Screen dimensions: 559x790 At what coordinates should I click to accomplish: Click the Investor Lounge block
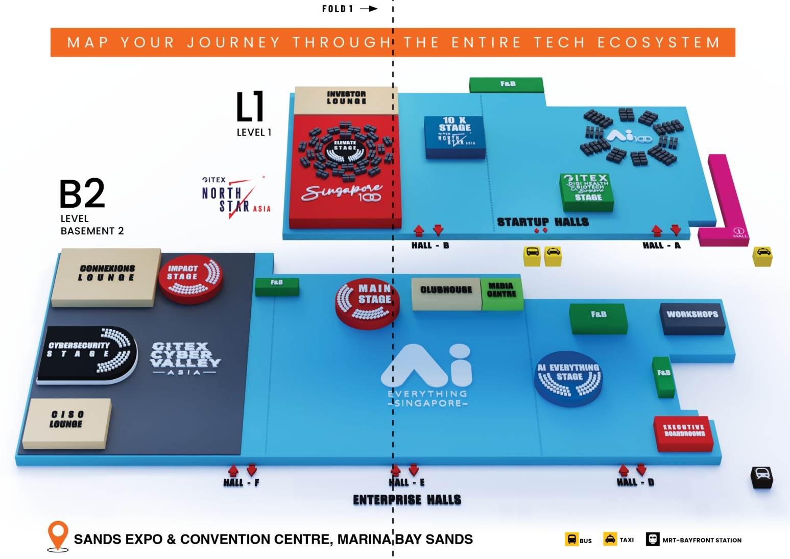click(x=346, y=99)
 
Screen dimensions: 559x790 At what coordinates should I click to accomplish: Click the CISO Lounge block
click(x=67, y=423)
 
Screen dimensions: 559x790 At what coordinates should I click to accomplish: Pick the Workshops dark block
click(x=692, y=318)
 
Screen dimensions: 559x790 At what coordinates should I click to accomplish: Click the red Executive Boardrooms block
click(x=683, y=433)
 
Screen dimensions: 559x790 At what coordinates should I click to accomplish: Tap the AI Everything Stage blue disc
click(x=568, y=378)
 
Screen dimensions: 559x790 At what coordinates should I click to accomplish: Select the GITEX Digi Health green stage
click(x=587, y=192)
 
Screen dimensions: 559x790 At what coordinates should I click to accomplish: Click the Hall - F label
click(x=241, y=482)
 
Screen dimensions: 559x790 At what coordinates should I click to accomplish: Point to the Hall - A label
click(x=661, y=246)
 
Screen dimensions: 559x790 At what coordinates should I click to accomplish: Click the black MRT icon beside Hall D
click(x=761, y=477)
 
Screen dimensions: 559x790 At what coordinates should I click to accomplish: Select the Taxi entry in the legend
click(x=618, y=540)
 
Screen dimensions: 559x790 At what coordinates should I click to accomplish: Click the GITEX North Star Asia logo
click(x=234, y=197)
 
